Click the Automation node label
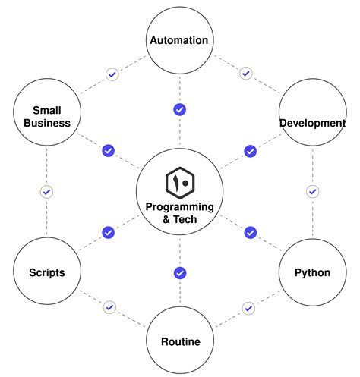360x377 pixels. [x=179, y=40]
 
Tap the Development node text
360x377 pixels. [x=312, y=123]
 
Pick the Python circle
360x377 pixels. [x=312, y=272]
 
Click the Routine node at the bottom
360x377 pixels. [x=180, y=341]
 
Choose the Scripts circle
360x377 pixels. [x=46, y=272]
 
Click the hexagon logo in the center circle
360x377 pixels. [x=180, y=183]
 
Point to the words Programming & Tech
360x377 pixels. [x=180, y=213]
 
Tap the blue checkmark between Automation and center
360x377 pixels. [x=180, y=110]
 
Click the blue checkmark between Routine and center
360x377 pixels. [x=180, y=273]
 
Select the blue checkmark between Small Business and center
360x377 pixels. [x=108, y=151]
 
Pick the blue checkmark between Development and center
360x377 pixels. [x=250, y=151]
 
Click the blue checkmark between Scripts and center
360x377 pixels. [x=108, y=232]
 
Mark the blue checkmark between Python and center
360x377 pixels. [x=250, y=232]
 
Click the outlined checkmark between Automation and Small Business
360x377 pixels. [x=112, y=74]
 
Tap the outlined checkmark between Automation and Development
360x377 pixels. [x=245, y=74]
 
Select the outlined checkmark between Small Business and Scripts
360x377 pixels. [x=46, y=191]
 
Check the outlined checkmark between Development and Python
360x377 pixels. [x=312, y=191]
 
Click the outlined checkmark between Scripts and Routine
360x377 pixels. [x=110, y=307]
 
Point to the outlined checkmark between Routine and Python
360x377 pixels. [x=248, y=308]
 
